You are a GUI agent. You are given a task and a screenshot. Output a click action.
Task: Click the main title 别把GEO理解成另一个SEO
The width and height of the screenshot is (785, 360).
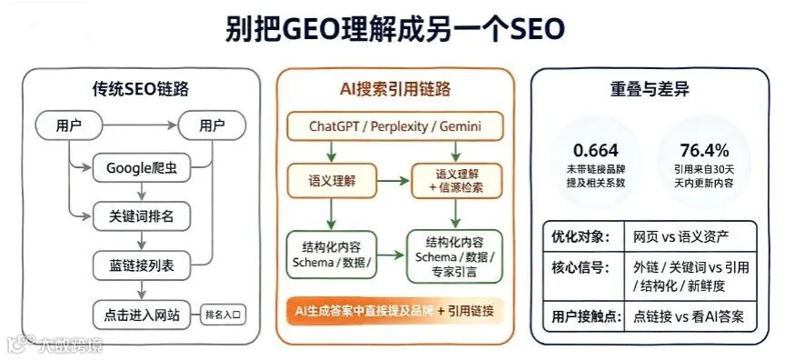tap(395, 29)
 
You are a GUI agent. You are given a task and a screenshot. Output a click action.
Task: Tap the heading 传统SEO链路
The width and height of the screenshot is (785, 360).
tap(141, 89)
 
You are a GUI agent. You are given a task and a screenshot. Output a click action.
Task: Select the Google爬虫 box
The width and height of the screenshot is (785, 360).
tap(142, 168)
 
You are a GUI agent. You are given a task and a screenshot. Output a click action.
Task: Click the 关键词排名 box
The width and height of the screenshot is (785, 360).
tap(142, 216)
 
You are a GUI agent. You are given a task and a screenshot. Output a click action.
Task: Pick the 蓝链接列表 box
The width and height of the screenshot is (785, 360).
tap(142, 265)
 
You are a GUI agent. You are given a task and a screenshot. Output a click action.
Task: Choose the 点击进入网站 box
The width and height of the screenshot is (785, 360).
tap(142, 315)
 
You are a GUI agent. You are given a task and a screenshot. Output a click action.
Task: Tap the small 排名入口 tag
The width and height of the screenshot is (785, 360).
tap(224, 315)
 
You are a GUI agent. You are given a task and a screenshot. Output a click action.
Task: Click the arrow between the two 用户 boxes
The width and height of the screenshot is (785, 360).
tap(140, 125)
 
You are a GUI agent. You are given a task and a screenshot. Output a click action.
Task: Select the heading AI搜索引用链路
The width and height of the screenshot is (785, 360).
tap(395, 89)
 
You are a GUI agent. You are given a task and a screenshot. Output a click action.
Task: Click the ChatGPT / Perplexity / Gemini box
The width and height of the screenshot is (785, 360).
tap(395, 125)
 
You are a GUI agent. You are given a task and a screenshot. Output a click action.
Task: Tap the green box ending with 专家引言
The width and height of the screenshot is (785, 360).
tap(454, 257)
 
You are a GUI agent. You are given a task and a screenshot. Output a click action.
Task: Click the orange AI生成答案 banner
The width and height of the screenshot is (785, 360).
tap(395, 311)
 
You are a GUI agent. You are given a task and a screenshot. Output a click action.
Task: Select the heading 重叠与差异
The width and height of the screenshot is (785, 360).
tap(650, 89)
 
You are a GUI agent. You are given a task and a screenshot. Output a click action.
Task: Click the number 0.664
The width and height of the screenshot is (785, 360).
tap(596, 150)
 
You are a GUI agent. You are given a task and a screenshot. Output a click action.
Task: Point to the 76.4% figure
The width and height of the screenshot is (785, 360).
tap(704, 150)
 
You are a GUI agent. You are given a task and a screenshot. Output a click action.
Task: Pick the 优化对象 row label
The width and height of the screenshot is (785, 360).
tap(581, 236)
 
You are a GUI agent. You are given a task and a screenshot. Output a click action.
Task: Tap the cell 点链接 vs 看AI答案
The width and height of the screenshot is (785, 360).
tap(689, 316)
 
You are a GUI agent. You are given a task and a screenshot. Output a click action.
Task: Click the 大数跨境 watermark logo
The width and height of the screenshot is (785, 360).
tap(55, 344)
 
